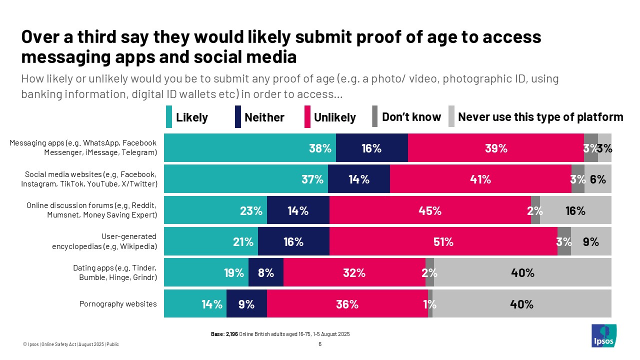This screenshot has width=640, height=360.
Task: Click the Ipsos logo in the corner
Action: (x=603, y=335)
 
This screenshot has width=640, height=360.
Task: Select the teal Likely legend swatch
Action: (x=168, y=117)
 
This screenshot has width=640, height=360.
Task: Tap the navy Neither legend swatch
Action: (x=237, y=117)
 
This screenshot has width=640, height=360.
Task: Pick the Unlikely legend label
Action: (x=334, y=117)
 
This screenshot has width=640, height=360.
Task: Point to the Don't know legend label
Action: (x=411, y=117)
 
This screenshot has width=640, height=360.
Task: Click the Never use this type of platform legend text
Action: (x=540, y=117)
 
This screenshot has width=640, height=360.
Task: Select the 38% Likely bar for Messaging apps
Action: (x=250, y=148)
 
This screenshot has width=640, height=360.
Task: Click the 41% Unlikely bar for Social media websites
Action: (x=480, y=179)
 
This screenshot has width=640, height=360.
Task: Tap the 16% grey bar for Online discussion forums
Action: (x=575, y=210)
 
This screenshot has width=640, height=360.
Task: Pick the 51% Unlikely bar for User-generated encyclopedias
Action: (x=443, y=241)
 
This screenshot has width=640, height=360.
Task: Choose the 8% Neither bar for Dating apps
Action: (x=266, y=273)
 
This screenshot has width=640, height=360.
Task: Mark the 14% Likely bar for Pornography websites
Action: (x=195, y=304)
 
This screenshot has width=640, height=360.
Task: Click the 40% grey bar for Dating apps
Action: (x=522, y=273)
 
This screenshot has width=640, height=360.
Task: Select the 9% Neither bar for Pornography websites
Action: (x=246, y=304)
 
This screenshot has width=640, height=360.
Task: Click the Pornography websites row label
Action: (x=118, y=303)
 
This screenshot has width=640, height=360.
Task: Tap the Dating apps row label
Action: (x=115, y=272)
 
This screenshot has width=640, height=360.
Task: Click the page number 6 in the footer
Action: (x=319, y=344)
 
